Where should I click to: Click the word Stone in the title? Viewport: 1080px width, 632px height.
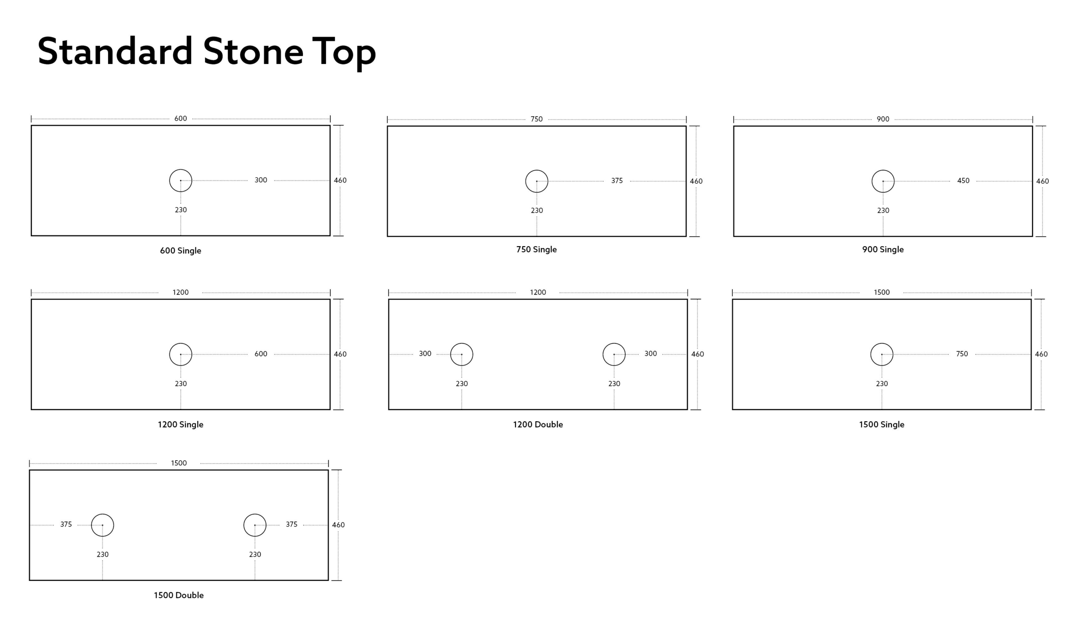tap(253, 51)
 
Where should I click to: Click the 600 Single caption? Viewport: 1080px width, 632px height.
tap(181, 251)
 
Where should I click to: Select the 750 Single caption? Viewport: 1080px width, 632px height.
tap(537, 250)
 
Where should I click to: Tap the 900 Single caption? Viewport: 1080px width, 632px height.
tap(883, 250)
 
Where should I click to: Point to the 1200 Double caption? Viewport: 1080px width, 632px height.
tap(538, 424)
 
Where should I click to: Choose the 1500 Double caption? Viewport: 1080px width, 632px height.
tap(179, 595)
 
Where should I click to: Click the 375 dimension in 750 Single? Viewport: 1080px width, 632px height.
tap(617, 181)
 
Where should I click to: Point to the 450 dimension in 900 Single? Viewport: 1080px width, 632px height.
tap(963, 181)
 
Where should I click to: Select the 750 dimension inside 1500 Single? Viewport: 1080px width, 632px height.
tap(962, 354)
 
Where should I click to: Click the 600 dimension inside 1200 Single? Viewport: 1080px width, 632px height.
tap(261, 354)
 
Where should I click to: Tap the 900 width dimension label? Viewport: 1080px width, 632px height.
tap(883, 119)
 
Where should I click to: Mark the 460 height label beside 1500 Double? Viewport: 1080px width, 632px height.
tap(338, 525)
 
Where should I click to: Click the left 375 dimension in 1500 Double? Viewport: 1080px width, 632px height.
tap(66, 524)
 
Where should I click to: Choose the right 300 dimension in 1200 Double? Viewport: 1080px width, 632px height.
tap(651, 354)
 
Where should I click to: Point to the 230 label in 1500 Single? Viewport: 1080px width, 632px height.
tap(882, 384)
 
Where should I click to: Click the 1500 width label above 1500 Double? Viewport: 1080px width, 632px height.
tap(179, 463)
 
